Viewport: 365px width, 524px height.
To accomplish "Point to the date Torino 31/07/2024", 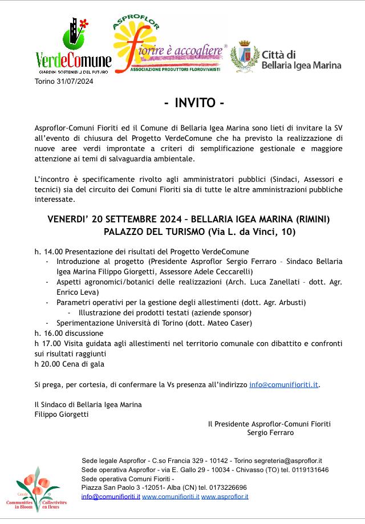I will (x=63, y=82).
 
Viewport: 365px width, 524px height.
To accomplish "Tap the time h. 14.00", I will (x=44, y=251).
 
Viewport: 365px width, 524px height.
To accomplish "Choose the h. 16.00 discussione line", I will (x=68, y=333).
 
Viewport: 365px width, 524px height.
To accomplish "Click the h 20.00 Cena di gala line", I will (x=69, y=364).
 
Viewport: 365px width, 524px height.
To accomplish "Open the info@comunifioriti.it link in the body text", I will (x=283, y=384).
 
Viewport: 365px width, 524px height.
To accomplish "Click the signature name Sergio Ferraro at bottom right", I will (x=270, y=433).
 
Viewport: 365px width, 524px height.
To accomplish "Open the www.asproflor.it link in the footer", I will (x=225, y=497).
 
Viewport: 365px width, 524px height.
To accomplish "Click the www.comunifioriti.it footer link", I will (x=171, y=497).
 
